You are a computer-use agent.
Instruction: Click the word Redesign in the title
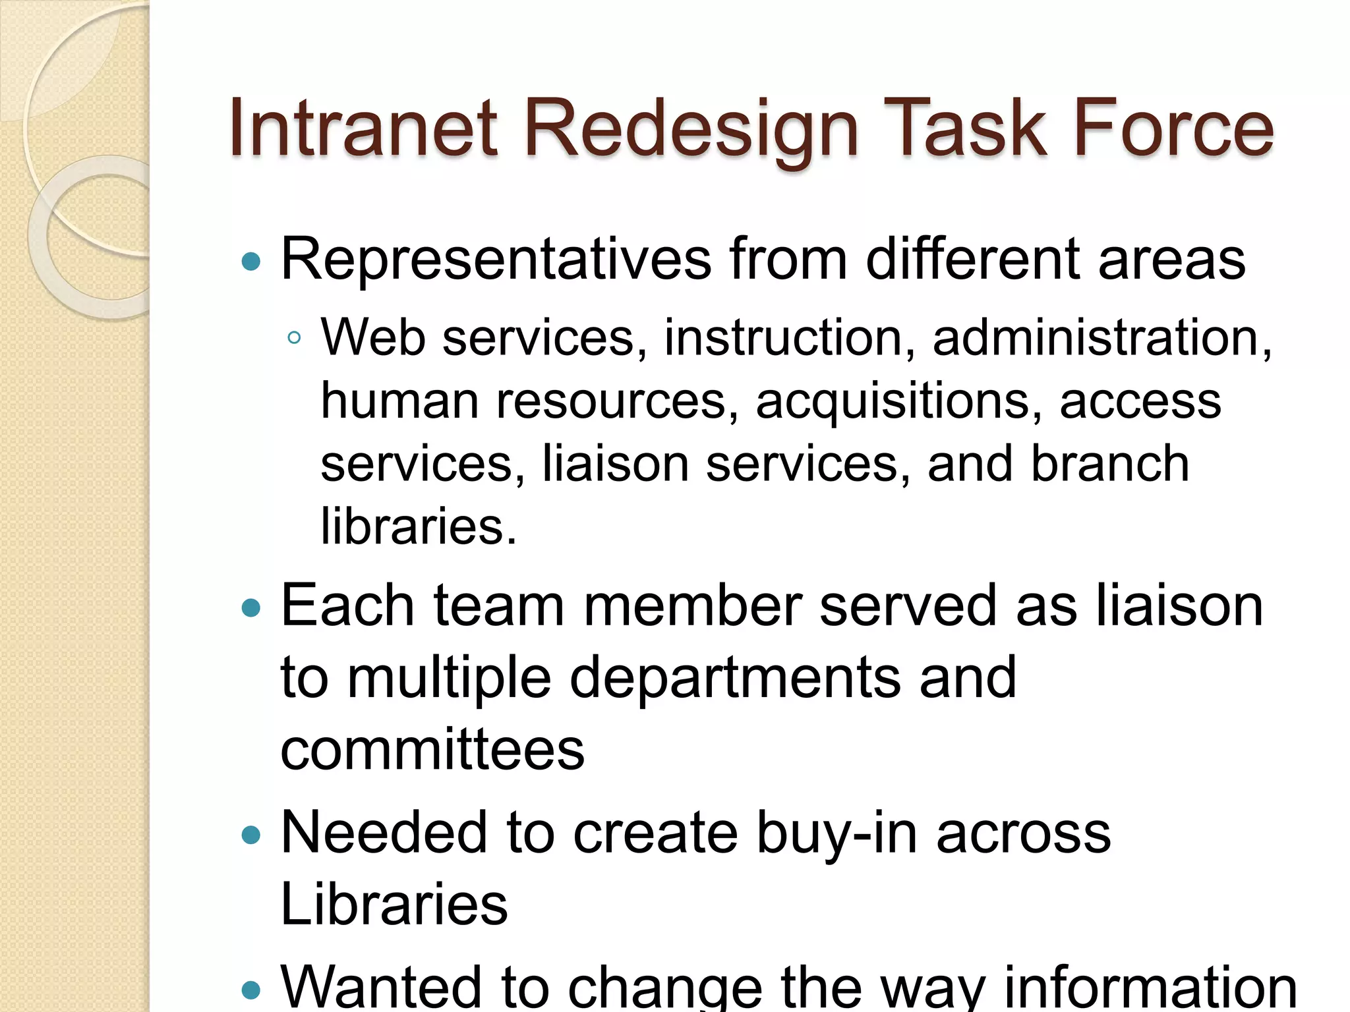[x=691, y=130]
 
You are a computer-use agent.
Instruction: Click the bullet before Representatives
[x=251, y=262]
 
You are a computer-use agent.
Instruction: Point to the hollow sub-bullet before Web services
[x=294, y=339]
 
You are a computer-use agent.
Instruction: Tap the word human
[x=399, y=401]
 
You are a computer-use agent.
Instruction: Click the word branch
[x=1110, y=464]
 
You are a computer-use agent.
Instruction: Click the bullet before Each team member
[x=251, y=607]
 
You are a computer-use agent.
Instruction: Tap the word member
[x=692, y=606]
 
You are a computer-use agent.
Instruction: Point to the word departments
[x=734, y=679]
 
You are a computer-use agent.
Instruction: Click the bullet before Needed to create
[x=251, y=836]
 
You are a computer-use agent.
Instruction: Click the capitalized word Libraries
[x=394, y=905]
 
